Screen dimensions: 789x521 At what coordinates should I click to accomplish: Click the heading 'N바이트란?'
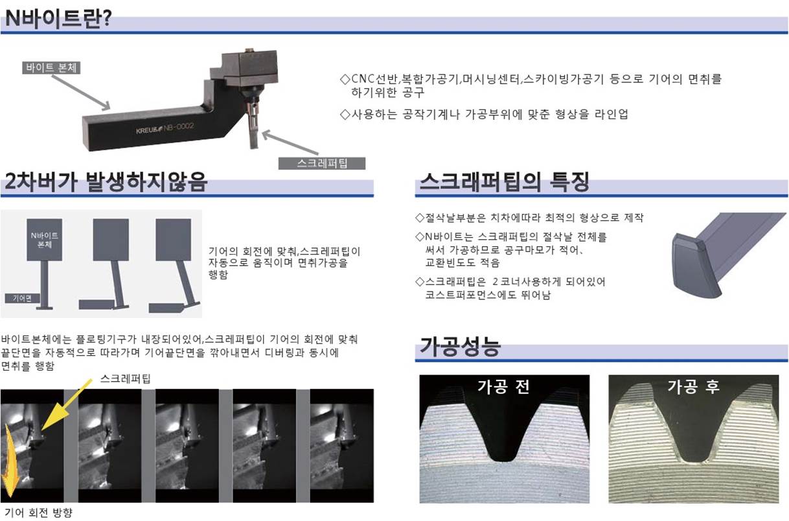click(x=58, y=18)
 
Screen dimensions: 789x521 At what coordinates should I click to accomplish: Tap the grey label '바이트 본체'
click(x=51, y=67)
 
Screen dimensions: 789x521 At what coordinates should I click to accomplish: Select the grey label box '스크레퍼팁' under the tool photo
click(x=321, y=163)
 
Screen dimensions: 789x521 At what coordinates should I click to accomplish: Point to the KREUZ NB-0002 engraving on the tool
click(x=165, y=128)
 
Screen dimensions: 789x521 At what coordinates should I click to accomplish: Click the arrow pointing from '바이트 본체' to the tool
click(x=81, y=92)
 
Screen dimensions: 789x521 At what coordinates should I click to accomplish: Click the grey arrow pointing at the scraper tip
click(x=290, y=143)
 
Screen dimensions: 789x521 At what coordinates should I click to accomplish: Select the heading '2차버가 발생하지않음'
click(x=106, y=182)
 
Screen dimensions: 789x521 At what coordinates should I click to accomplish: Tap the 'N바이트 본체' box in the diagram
click(x=45, y=240)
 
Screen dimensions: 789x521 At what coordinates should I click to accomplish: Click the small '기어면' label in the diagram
click(x=22, y=298)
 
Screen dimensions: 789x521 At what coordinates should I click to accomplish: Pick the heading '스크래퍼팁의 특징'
click(x=504, y=182)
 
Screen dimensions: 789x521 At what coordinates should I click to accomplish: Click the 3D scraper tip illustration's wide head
click(x=692, y=266)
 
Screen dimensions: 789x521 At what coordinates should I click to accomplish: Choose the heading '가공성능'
click(x=460, y=347)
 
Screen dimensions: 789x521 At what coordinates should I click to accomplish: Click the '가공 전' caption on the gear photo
click(x=504, y=386)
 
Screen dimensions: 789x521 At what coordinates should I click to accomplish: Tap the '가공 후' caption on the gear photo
click(x=693, y=386)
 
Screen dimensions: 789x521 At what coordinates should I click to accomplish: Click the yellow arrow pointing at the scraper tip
click(x=66, y=405)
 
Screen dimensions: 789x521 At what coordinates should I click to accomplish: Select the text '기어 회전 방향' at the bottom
click(x=38, y=513)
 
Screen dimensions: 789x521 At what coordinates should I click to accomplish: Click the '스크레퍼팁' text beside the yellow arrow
click(x=126, y=378)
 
